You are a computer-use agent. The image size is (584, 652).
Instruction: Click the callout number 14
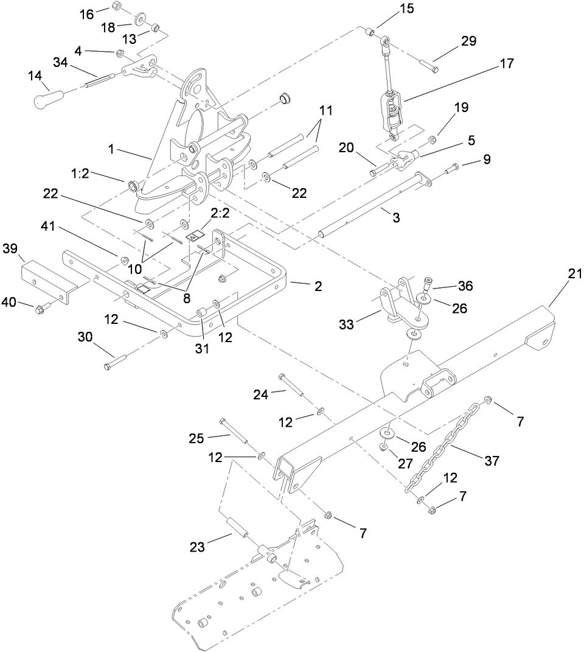[x=36, y=77]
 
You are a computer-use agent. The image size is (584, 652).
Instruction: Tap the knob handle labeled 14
[x=50, y=98]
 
